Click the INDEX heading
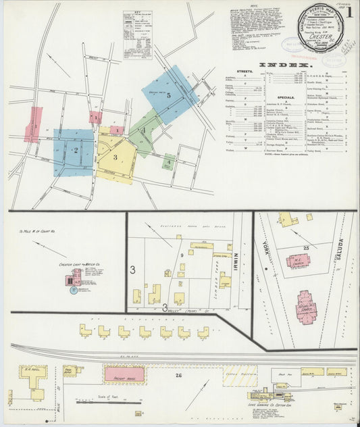(282, 65)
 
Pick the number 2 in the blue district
(76, 151)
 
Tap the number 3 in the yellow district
(115, 157)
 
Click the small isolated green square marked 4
(168, 162)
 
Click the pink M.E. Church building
(298, 260)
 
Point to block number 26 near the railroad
(179, 375)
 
